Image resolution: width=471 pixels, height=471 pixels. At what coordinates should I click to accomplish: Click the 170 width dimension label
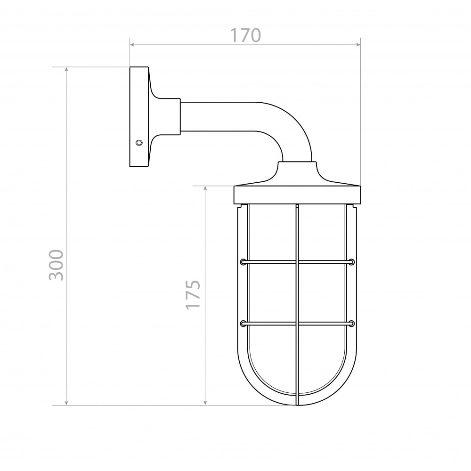point(245,35)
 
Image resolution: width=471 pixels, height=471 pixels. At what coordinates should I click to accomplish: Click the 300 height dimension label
point(57,265)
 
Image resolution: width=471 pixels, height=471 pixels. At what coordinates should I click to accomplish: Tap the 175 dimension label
point(193,295)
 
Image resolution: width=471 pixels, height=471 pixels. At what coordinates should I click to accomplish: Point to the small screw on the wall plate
point(139,142)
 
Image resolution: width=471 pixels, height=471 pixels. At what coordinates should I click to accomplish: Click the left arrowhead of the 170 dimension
point(132,45)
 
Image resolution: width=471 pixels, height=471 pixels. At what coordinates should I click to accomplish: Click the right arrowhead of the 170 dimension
point(358,45)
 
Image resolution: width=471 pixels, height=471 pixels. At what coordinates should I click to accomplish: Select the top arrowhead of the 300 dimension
point(66,69)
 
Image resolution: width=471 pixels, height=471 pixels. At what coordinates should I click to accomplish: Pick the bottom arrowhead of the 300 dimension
point(66,403)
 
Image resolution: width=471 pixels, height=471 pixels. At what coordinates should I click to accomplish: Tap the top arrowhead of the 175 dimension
point(205,188)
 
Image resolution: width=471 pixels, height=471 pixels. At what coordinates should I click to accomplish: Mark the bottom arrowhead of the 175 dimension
point(205,403)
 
